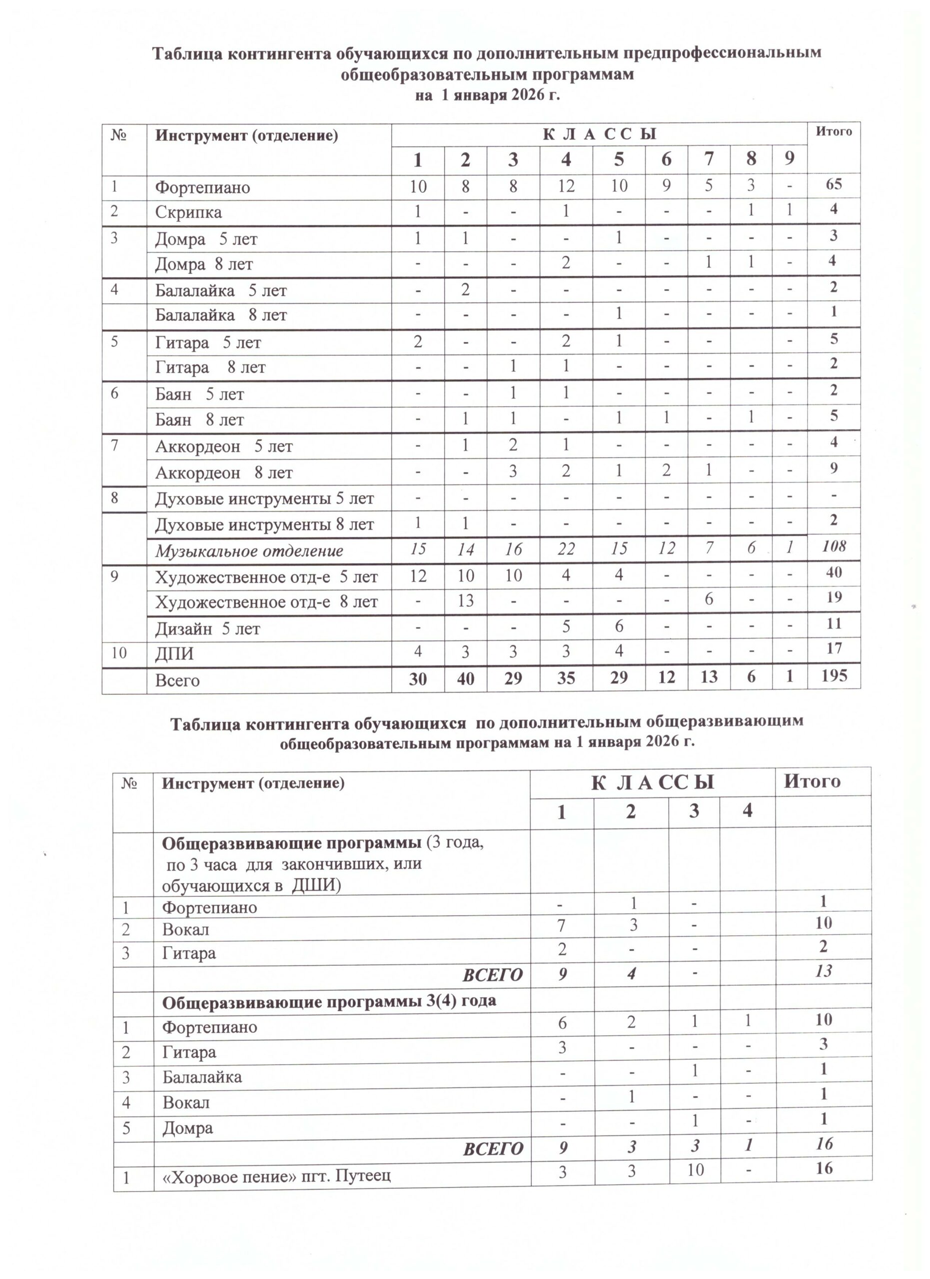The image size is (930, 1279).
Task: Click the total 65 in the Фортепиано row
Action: click(833, 184)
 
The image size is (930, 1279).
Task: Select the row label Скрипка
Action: click(188, 213)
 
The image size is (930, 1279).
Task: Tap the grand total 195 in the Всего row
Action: click(833, 675)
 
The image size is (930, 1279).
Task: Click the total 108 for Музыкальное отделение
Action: click(833, 546)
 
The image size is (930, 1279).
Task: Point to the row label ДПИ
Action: click(174, 653)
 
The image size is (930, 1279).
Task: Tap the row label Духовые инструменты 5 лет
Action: click(264, 499)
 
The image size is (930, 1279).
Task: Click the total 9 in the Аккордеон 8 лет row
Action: click(833, 468)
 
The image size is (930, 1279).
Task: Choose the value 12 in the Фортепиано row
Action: click(566, 185)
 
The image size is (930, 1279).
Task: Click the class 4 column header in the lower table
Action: click(747, 811)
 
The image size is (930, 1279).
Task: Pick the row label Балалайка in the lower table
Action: click(202, 1077)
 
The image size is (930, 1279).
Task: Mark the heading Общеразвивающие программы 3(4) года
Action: click(329, 1002)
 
